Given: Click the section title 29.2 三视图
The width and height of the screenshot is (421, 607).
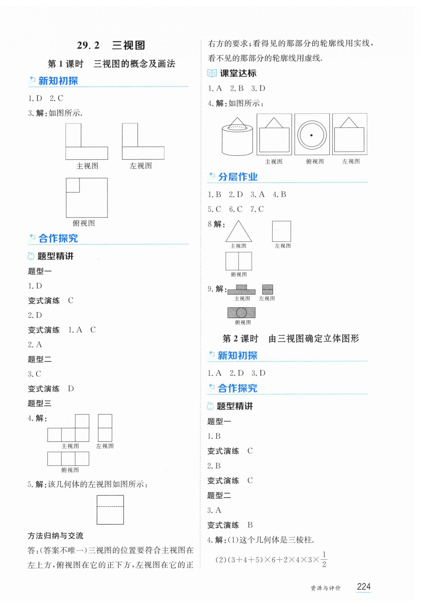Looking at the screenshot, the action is (x=111, y=45).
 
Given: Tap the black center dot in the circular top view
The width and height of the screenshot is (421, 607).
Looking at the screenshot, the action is (x=312, y=135).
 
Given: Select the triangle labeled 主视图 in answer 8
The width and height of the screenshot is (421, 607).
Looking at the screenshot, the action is (x=239, y=231).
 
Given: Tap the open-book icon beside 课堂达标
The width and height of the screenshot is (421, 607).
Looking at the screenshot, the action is (x=212, y=73).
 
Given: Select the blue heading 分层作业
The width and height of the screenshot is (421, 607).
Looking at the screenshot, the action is (x=238, y=177).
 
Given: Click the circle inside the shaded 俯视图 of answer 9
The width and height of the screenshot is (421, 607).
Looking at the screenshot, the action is (x=241, y=313).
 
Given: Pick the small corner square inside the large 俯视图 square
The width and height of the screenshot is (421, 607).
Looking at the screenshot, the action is (x=73, y=185).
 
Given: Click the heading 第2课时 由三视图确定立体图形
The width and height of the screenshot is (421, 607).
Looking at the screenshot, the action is (x=291, y=339).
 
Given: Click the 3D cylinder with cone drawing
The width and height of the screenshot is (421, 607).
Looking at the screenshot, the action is (x=237, y=136).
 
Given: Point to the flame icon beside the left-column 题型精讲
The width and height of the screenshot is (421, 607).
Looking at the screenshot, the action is (x=31, y=256).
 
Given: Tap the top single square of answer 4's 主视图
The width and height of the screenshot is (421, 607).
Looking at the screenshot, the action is (x=82, y=421).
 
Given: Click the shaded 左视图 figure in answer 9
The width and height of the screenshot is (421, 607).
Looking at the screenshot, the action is (x=267, y=289).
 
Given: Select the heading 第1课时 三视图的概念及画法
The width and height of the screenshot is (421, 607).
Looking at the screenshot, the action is (x=111, y=64).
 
